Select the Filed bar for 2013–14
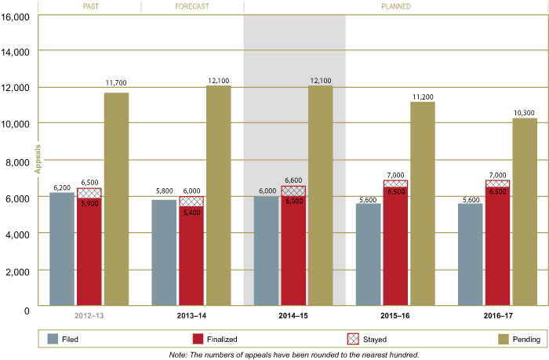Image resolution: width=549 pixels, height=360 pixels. click(164, 252)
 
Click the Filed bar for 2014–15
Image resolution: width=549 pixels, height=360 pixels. click(266, 250)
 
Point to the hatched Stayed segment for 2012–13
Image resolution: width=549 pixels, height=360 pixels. click(89, 193)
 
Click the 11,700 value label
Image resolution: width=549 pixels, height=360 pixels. click(116, 82)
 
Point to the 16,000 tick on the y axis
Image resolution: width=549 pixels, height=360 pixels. click(16, 16)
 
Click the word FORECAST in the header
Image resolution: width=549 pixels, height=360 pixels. click(192, 6)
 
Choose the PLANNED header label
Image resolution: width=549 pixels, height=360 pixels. click(396, 6)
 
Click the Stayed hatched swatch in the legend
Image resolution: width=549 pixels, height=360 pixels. click(354, 339)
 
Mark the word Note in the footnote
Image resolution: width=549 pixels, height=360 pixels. click(178, 355)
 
